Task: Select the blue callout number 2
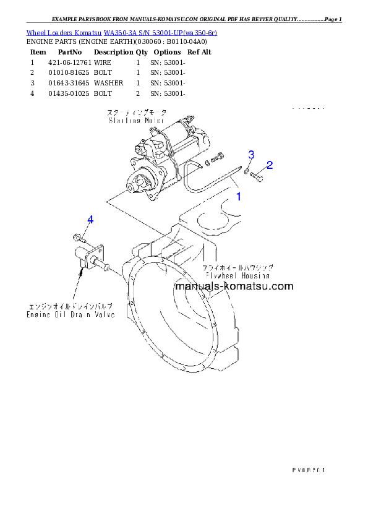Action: pyautogui.click(x=269, y=165)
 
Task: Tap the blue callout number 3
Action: pyautogui.click(x=251, y=154)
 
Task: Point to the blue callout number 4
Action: pyautogui.click(x=90, y=220)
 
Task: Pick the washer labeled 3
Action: pyautogui.click(x=247, y=171)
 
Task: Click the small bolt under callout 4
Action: pyautogui.click(x=77, y=236)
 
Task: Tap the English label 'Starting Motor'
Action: pyautogui.click(x=129, y=121)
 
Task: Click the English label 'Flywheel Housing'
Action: pyautogui.click(x=237, y=275)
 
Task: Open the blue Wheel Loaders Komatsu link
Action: pyautogui.click(x=121, y=32)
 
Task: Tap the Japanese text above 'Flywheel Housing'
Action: pyautogui.click(x=238, y=267)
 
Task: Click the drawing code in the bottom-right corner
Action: pyautogui.click(x=308, y=470)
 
